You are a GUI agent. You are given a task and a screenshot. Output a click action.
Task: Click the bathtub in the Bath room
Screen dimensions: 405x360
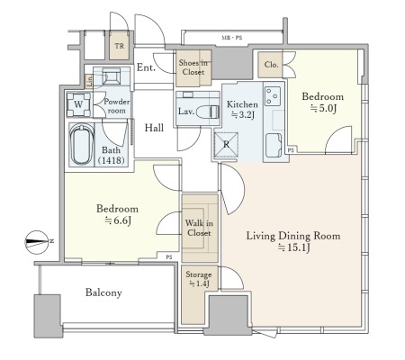click(x=81, y=145)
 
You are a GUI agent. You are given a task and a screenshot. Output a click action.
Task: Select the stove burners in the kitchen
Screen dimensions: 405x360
click(x=273, y=95)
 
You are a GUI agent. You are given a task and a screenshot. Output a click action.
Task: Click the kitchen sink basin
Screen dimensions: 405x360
click(x=274, y=145)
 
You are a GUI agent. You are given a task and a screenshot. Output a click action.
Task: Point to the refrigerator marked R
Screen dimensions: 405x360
click(x=226, y=145)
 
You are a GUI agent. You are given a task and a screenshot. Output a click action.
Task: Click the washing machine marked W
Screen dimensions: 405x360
click(x=78, y=104)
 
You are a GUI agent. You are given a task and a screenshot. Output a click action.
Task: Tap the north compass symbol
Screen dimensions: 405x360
click(x=37, y=242)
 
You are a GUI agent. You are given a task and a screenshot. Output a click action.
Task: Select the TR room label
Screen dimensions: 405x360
click(x=119, y=46)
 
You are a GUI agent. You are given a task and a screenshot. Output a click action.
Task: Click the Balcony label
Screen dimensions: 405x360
click(x=103, y=292)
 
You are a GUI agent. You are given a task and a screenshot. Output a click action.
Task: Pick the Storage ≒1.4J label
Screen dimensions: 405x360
click(x=198, y=279)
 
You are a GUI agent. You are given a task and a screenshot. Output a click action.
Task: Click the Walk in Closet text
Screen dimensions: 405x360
click(x=199, y=228)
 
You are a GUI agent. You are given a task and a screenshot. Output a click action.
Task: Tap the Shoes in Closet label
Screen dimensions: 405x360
click(x=193, y=67)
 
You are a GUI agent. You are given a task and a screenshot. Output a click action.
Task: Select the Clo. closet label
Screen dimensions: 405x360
click(x=271, y=65)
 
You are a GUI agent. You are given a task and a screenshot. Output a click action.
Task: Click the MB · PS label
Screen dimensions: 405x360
click(x=231, y=38)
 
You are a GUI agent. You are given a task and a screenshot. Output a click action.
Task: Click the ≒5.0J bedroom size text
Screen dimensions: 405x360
click(x=323, y=108)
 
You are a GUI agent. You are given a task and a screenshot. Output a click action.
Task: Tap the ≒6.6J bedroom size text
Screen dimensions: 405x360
click(x=118, y=220)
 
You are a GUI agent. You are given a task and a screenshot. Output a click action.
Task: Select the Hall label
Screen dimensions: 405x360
click(x=154, y=128)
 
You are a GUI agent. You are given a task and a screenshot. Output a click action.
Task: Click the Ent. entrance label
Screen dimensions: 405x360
click(x=146, y=67)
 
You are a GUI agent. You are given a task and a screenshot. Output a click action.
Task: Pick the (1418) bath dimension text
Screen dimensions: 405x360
click(x=112, y=160)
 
